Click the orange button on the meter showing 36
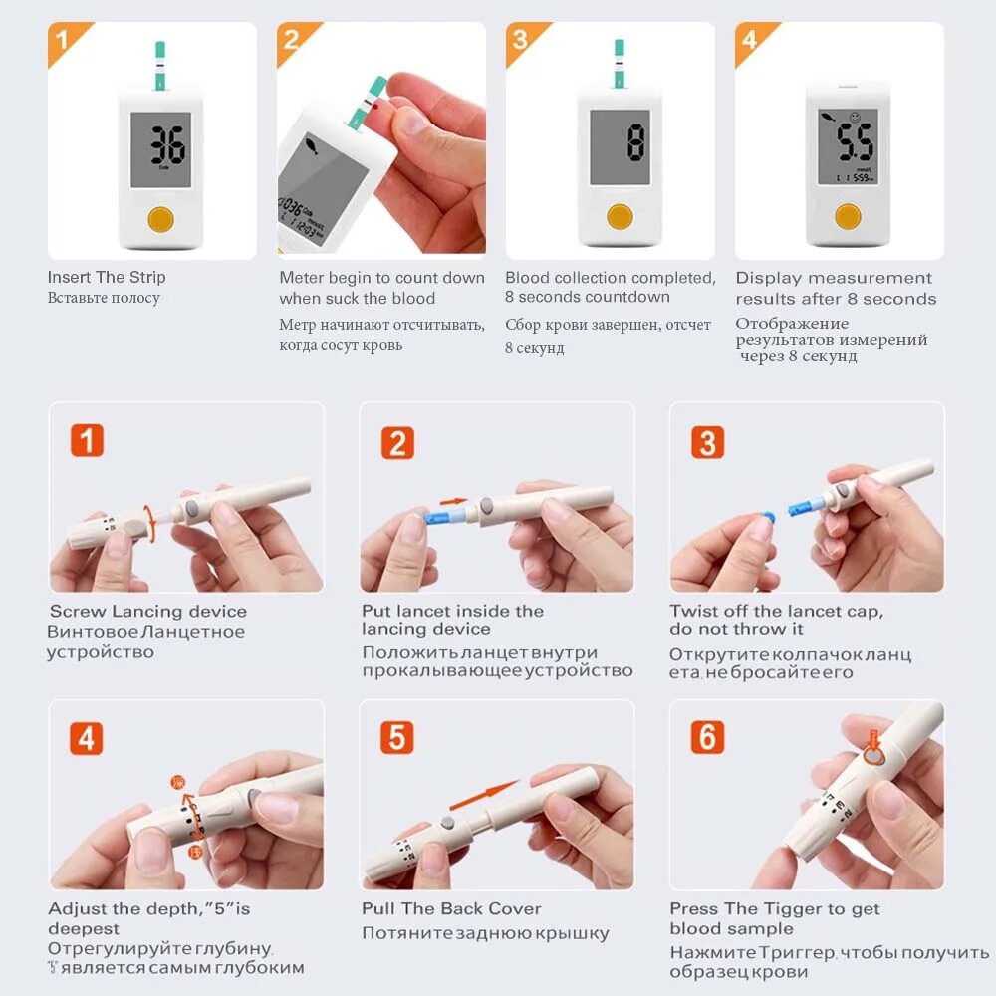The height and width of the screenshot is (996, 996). [160, 219]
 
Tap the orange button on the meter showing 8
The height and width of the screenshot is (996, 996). [620, 216]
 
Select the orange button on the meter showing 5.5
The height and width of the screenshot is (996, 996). [848, 216]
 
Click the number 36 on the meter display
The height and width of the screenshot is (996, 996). [167, 144]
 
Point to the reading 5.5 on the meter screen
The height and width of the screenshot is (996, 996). [855, 142]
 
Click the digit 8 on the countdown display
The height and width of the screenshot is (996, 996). [635, 142]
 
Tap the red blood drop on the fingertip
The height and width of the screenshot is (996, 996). [374, 107]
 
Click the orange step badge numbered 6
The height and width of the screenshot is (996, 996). [707, 737]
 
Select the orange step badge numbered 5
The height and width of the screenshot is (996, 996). [397, 737]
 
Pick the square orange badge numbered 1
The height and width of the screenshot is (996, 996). [87, 440]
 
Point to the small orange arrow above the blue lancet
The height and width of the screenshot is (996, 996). [453, 501]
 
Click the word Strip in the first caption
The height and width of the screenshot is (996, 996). [147, 277]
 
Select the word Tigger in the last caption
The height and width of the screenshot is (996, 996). [792, 909]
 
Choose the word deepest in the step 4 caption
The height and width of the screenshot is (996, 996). [84, 928]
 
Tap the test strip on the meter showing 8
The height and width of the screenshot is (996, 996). [619, 64]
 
